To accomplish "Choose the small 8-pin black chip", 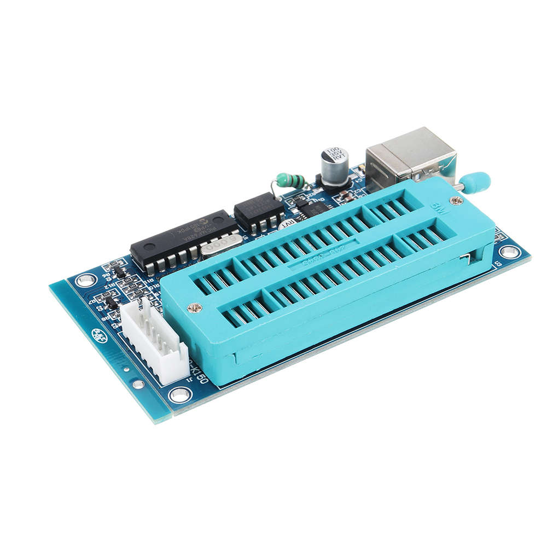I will tap(259, 211).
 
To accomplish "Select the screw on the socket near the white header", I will tap(195, 308).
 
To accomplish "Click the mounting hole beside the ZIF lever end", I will tap(509, 252).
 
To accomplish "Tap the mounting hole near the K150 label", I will tap(180, 394).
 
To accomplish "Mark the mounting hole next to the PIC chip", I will tap(86, 281).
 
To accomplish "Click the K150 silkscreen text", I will tap(197, 372).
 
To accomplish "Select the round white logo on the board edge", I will tap(100, 335).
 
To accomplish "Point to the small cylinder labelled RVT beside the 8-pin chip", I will tap(287, 224).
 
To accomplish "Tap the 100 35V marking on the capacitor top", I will tap(334, 153).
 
